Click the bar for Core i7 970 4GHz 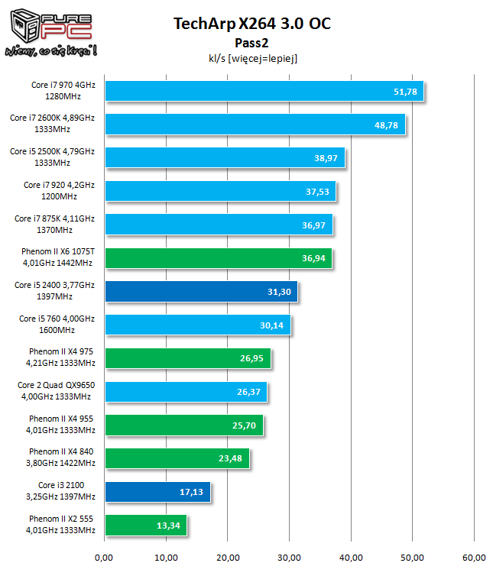pos(264,91)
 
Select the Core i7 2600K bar pos(255,125)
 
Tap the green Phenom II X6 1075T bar pos(218,258)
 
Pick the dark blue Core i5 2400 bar pos(201,292)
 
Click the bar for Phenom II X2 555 pos(145,526)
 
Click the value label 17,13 pos(192,492)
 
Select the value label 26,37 pos(248,392)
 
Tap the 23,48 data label pos(231,458)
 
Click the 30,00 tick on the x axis pos(289,558)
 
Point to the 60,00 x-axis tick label pos(474,558)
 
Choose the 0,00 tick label pos(105,558)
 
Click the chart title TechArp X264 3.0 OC pos(252,24)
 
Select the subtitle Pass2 pos(251,42)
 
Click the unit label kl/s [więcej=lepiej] pos(251,57)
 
